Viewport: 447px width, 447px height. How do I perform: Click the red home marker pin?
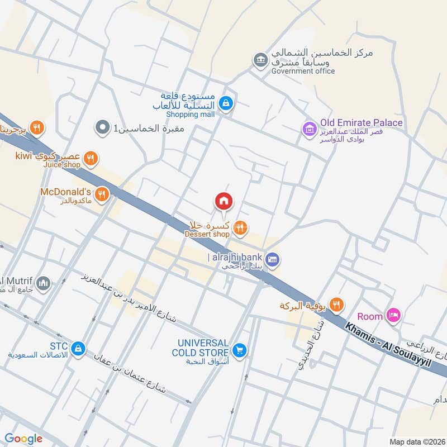(223, 201)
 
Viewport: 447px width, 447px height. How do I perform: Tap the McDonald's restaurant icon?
(101, 194)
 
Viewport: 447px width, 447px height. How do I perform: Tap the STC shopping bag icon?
(79, 348)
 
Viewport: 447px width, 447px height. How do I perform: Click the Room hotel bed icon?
(394, 316)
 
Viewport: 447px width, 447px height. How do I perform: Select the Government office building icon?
(260, 59)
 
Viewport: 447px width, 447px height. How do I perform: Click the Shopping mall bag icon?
(226, 103)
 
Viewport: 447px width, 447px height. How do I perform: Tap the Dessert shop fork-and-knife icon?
(240, 226)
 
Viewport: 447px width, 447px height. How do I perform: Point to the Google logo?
(23, 439)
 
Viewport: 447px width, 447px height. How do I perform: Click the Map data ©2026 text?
(417, 441)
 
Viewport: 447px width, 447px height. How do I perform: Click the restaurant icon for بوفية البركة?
(336, 305)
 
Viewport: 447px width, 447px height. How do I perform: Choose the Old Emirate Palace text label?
(361, 123)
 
